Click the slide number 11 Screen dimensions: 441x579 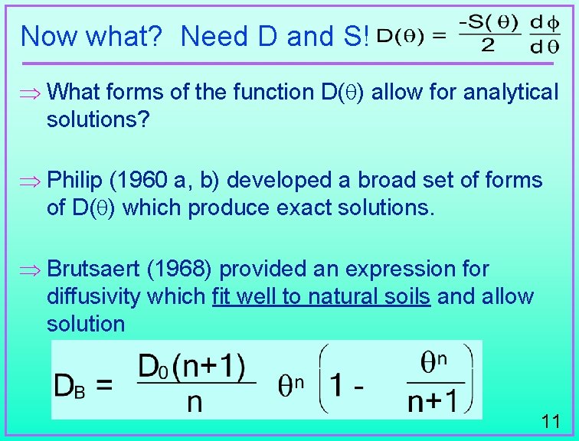(x=550, y=420)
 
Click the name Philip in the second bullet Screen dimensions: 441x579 (x=74, y=181)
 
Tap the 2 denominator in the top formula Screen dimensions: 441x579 (x=487, y=45)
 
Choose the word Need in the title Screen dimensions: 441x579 (x=214, y=35)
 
